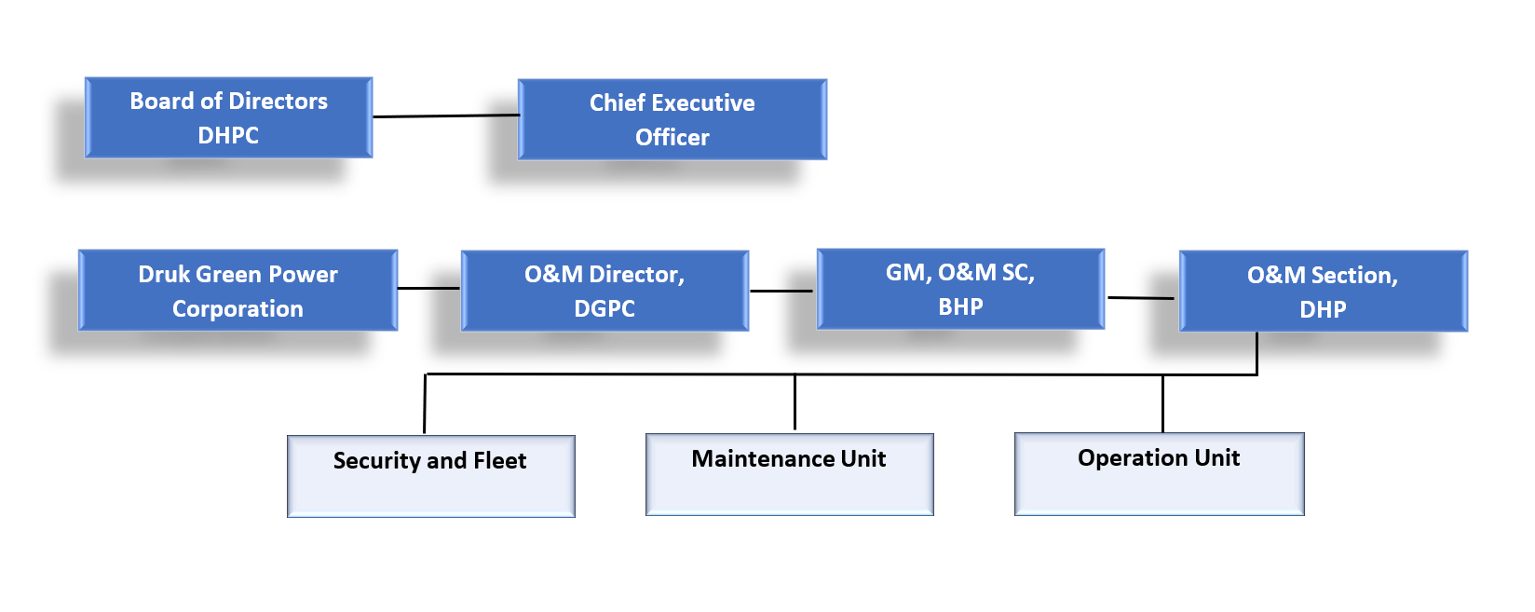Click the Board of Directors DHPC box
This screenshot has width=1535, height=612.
[x=229, y=118]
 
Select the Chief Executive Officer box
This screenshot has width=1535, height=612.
[x=672, y=120]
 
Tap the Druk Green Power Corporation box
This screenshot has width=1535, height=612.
[x=238, y=291]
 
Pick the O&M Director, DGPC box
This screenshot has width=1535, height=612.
[x=605, y=292]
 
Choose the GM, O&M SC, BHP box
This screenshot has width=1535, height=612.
[x=960, y=289]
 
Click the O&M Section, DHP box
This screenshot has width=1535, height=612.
[x=1324, y=292]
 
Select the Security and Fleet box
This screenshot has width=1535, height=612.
[x=431, y=476]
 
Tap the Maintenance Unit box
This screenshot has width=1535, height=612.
[x=790, y=474]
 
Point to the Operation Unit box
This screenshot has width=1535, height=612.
[x=1160, y=473]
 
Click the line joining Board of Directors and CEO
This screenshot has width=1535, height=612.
[x=446, y=116]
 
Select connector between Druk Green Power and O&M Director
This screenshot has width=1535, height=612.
[x=429, y=288]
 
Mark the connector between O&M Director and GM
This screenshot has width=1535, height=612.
[x=781, y=291]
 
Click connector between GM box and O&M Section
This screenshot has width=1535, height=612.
[x=1141, y=298]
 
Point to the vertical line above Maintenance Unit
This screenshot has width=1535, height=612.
[x=795, y=402]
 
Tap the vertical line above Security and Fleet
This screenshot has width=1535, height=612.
[x=425, y=403]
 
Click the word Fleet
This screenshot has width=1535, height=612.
[x=500, y=460]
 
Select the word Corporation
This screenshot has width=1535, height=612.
[x=238, y=309]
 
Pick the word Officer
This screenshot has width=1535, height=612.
[x=672, y=137]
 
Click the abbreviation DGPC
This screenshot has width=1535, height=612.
[x=604, y=308]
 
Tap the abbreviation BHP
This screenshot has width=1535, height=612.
[x=960, y=306]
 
